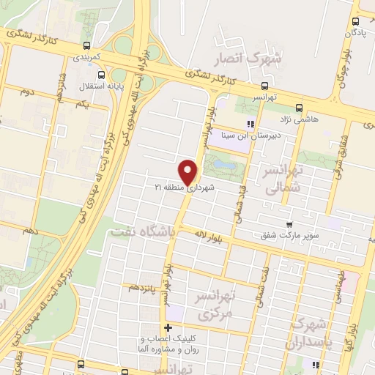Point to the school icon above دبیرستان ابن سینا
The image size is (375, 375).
[x=250, y=124]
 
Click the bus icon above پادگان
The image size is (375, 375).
[x=355, y=22]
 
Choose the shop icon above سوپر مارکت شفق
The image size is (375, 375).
[x=289, y=225]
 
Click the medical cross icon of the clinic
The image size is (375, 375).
[x=169, y=327]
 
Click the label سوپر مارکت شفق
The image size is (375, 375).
[x=288, y=236]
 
